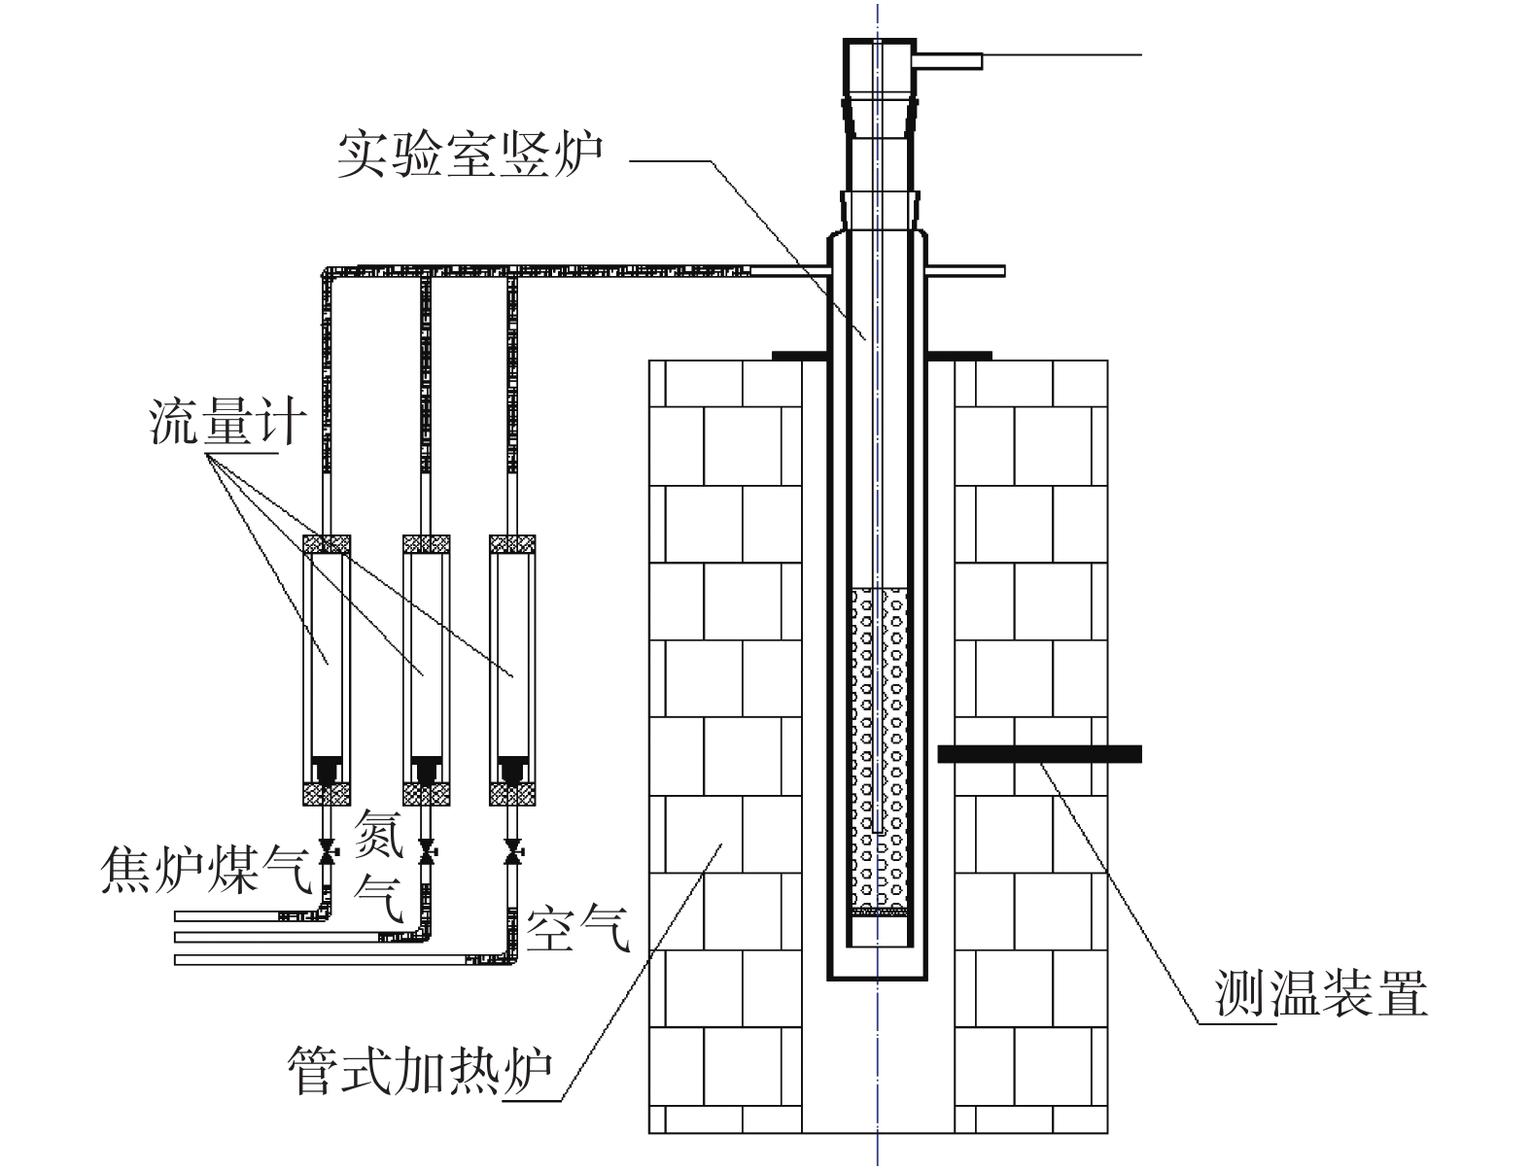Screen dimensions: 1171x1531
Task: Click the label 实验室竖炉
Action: [470, 155]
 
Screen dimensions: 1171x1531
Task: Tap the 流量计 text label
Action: [228, 422]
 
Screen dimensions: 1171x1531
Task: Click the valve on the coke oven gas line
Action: [328, 854]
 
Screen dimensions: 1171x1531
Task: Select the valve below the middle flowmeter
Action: [426, 854]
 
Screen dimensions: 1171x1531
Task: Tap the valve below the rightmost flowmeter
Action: [511, 854]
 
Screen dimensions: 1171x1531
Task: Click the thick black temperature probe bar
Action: [1038, 753]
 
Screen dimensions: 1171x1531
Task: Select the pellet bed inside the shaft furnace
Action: [878, 748]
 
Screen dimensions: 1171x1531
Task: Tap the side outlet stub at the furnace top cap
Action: [949, 61]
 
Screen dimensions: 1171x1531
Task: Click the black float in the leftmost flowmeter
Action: [328, 768]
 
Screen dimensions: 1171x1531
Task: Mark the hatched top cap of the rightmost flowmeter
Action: [511, 543]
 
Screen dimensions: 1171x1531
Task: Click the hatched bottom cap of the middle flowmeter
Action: [426, 794]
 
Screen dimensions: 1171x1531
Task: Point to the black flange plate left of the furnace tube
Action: [799, 355]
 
